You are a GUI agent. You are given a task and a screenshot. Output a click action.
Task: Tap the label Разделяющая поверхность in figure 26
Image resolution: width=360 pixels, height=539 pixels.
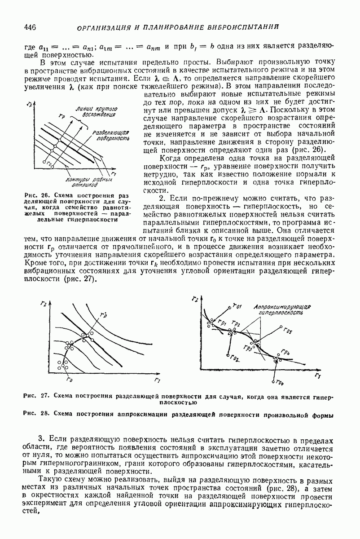coord(106,136)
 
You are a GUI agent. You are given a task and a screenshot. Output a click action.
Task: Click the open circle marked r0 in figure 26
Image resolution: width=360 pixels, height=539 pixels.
coord(44,161)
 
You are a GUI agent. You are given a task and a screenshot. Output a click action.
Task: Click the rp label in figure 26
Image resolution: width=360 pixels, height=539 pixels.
coord(61,116)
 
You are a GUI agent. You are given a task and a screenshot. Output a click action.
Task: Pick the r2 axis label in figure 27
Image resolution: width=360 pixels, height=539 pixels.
coord(43,304)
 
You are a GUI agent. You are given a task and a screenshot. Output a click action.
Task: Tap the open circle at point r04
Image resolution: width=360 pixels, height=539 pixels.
coord(274,381)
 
